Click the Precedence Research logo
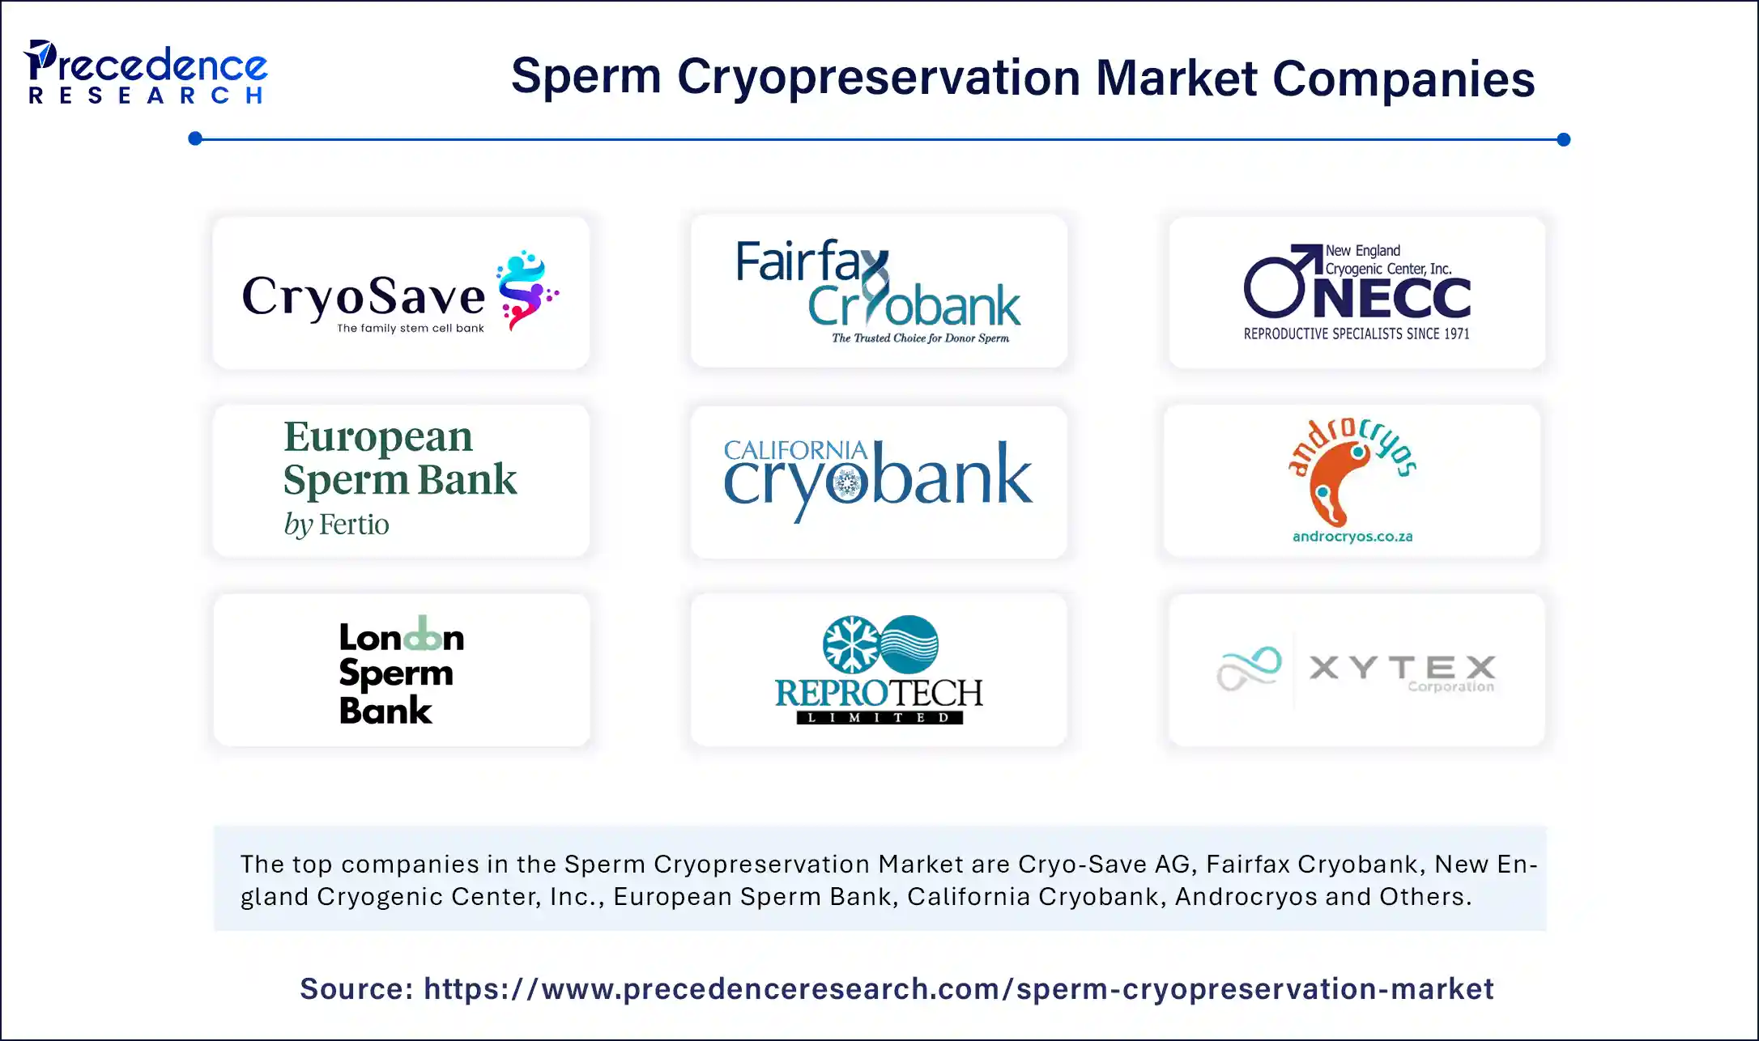[146, 73]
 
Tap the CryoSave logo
[400, 294]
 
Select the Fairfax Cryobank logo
[878, 291]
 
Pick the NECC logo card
[1357, 292]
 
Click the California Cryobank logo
[878, 479]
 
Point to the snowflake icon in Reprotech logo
[851, 645]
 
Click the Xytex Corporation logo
[1357, 669]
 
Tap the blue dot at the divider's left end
[195, 138]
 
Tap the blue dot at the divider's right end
[1563, 139]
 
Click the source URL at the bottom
[958, 989]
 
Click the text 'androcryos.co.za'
[1352, 536]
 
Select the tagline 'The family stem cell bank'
[411, 328]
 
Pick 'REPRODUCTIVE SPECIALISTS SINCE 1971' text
[1357, 334]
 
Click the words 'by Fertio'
[336, 525]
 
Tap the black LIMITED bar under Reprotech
[879, 717]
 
